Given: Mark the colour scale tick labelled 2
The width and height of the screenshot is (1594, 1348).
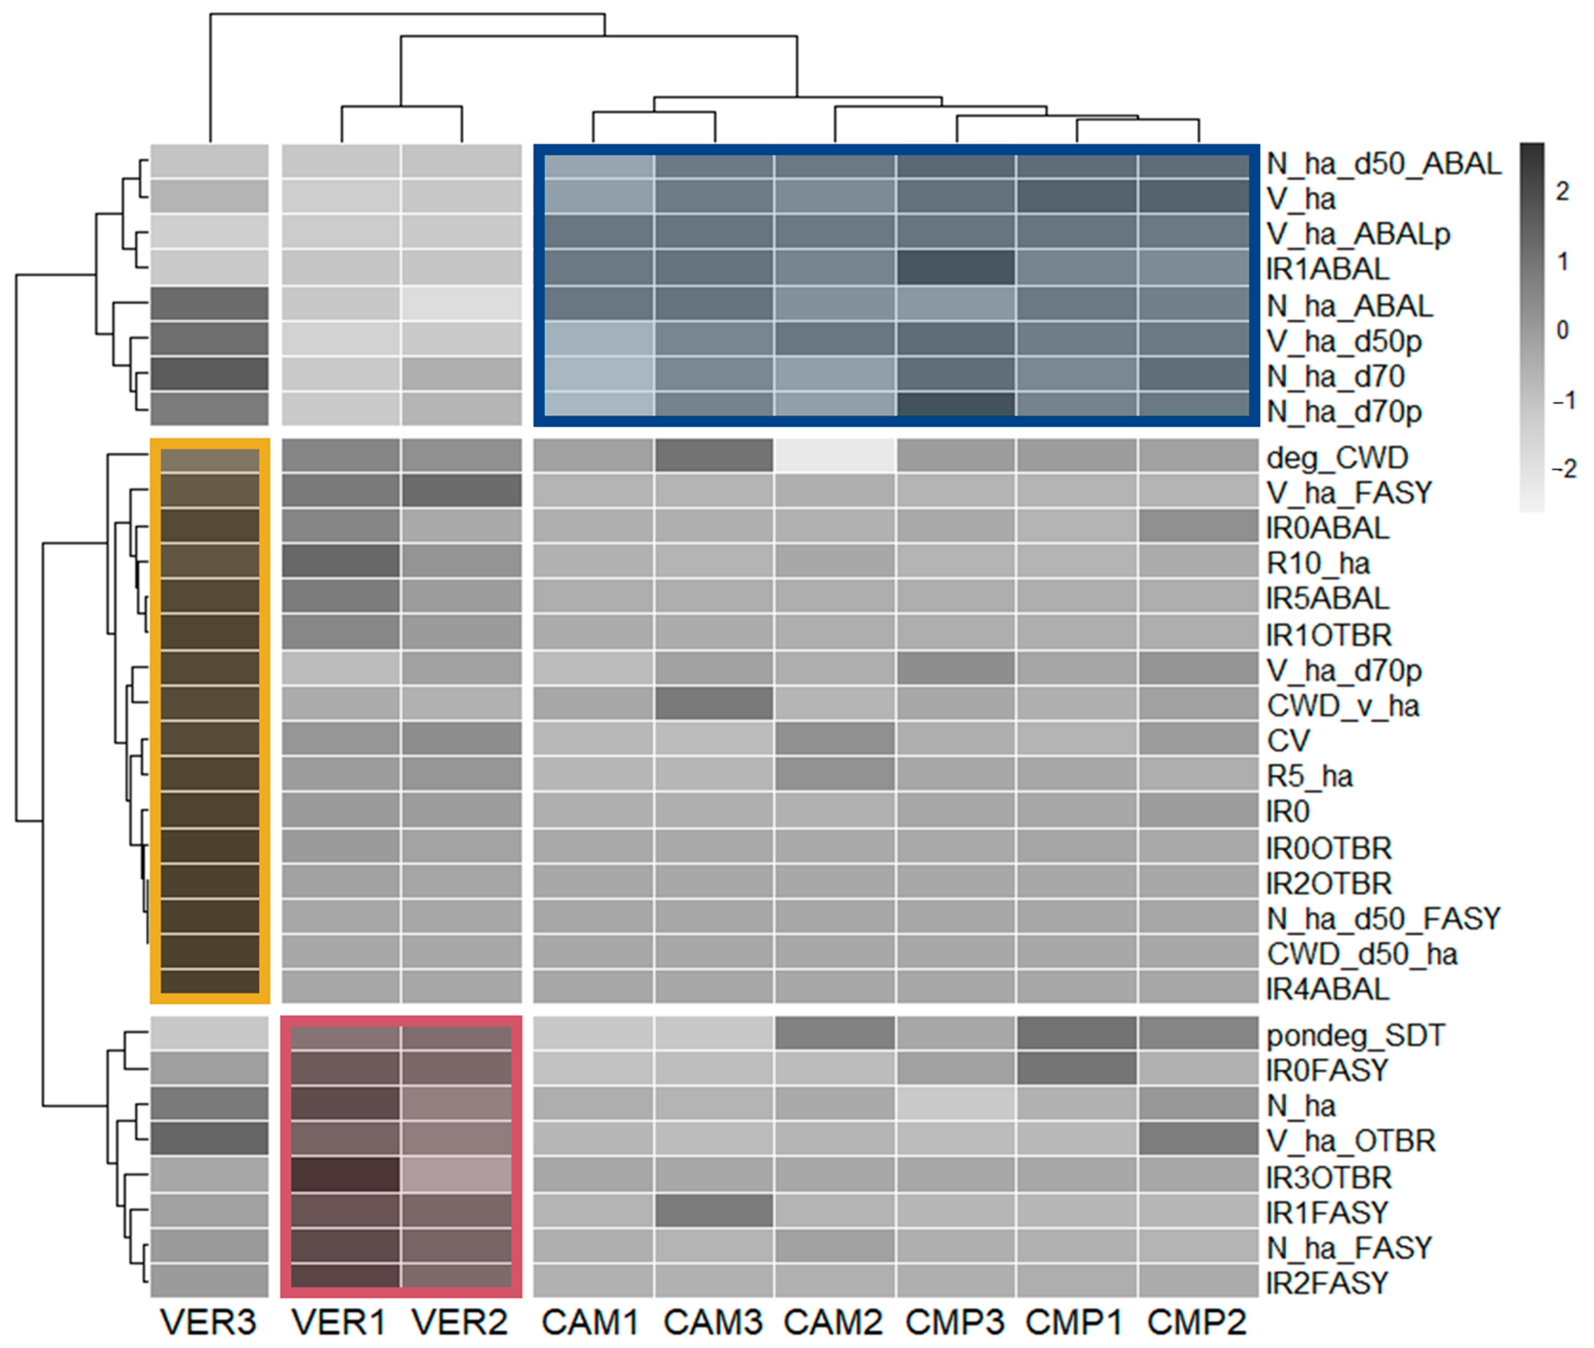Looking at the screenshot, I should click(1563, 191).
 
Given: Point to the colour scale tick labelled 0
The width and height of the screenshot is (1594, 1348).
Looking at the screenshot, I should click(1563, 330).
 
